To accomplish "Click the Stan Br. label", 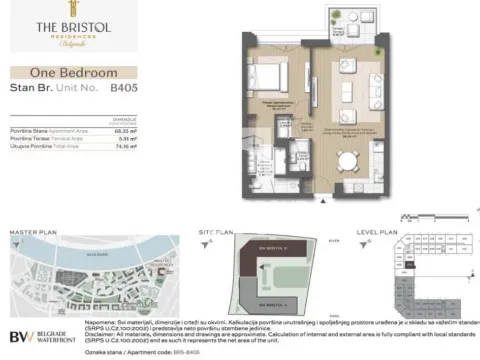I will pyautogui.click(x=25, y=89).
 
